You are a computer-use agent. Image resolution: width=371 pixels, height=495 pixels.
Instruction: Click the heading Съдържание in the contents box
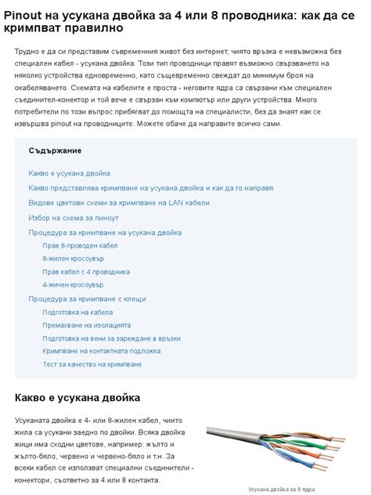[56, 150]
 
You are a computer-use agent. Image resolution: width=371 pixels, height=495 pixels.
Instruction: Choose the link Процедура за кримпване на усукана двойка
[105, 233]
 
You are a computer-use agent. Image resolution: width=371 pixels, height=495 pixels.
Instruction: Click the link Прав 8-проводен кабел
[81, 246]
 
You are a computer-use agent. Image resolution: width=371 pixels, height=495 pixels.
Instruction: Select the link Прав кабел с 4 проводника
[86, 272]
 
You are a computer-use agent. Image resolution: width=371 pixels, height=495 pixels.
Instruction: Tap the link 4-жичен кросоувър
[73, 285]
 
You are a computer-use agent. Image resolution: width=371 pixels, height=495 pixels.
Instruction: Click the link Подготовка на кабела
[77, 312]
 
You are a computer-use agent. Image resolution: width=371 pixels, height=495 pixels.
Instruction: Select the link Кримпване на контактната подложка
[97, 352]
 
